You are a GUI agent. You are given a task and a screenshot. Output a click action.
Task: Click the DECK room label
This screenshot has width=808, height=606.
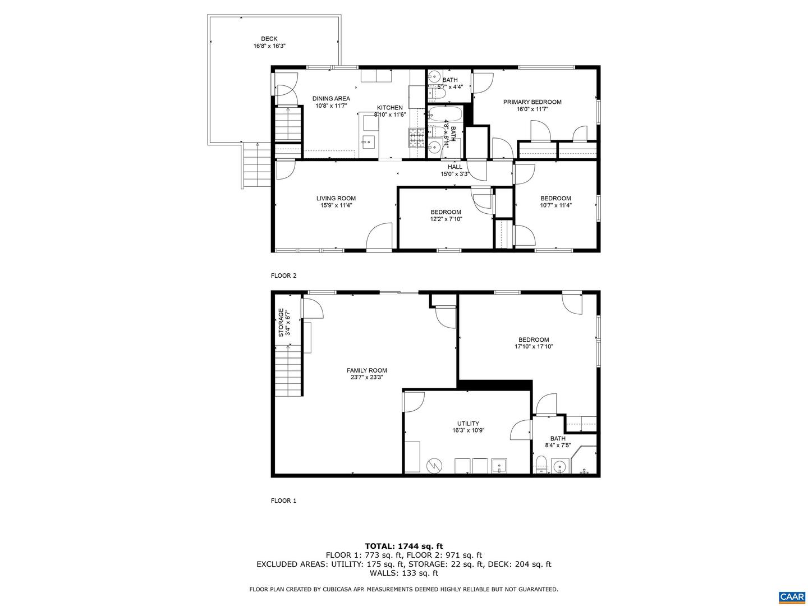269,39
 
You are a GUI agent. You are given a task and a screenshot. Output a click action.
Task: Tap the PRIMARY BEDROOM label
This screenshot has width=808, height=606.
532,102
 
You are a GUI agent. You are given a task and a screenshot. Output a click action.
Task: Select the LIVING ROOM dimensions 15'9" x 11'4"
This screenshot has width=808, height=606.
336,205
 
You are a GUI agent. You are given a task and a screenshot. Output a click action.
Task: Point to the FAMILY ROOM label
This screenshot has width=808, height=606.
366,370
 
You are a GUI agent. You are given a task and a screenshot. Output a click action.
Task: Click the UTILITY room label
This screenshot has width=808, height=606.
468,423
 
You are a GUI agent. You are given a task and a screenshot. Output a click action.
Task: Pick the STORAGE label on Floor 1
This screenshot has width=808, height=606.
281,322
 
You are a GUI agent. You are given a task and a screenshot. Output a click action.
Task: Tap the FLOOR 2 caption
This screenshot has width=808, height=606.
283,276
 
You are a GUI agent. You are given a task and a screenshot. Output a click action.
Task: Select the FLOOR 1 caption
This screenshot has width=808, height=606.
283,501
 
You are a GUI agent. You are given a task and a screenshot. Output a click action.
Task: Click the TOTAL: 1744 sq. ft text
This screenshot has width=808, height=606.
404,546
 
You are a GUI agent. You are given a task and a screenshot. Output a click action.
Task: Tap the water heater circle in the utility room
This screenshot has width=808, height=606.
433,465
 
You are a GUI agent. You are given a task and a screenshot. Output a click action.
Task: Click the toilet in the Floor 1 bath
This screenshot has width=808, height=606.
541,465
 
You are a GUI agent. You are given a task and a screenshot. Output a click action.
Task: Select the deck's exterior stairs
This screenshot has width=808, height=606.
256,165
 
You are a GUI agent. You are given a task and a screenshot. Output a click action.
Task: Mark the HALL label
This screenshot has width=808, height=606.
454,167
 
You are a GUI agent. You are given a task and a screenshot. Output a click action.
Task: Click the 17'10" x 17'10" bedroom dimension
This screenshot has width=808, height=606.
534,346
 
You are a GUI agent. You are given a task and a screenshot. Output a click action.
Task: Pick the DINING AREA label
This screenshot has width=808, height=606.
331,98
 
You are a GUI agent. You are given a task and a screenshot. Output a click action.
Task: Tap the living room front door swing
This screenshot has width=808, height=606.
379,236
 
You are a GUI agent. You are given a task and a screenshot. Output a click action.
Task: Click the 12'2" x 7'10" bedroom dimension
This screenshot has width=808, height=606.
446,219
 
